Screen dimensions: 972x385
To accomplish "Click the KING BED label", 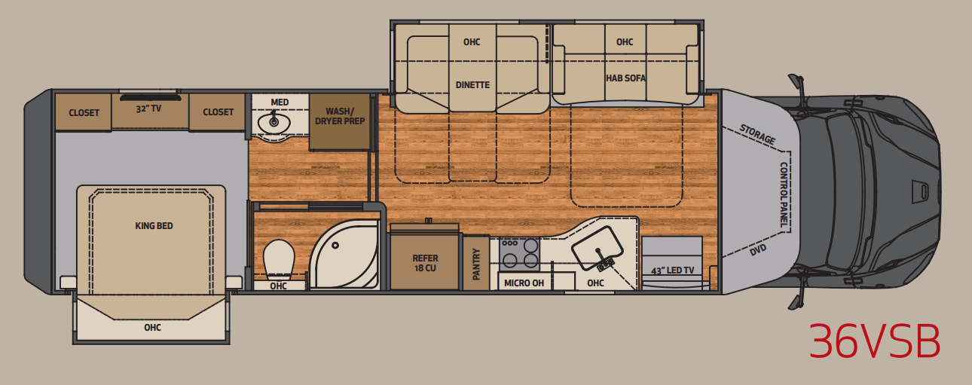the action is [x=154, y=226].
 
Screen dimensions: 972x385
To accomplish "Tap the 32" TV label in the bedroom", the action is [x=149, y=108].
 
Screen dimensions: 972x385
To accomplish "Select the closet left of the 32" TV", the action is [x=84, y=112].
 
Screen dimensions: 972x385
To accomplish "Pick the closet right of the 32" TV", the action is [x=218, y=112].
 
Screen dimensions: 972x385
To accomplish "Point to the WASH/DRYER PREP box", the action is [x=340, y=122].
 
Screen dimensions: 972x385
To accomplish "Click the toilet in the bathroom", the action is [x=279, y=260].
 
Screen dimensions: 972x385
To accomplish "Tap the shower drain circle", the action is [x=335, y=245].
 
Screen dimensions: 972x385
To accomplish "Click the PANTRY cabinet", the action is [x=476, y=263].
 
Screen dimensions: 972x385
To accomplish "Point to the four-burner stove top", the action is [x=519, y=254].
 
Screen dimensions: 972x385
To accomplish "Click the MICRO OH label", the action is [x=524, y=283].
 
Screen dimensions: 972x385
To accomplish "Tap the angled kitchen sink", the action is [x=598, y=249].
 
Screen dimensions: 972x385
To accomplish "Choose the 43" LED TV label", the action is [x=672, y=270].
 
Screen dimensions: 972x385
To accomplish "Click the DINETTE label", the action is [x=472, y=85].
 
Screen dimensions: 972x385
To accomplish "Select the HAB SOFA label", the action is [x=625, y=78].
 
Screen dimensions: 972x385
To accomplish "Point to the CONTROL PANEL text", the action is [x=784, y=195].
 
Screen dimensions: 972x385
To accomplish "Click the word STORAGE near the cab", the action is [x=757, y=135].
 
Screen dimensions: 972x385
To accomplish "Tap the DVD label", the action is [x=758, y=250].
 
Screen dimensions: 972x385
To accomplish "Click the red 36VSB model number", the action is [x=875, y=341].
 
